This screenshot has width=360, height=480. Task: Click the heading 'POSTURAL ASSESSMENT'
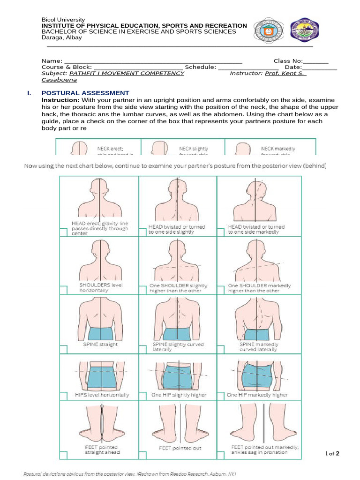(85, 93)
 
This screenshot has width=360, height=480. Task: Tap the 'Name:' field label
(52, 61)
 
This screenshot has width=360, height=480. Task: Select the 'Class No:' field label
(288, 61)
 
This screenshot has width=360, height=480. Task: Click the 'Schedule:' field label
(200, 67)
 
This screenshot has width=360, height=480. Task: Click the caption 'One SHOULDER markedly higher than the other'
(259, 288)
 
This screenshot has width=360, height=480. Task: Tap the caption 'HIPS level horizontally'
(102, 395)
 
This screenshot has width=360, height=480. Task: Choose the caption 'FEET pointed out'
(180, 448)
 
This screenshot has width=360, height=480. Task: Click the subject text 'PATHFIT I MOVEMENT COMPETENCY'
(127, 73)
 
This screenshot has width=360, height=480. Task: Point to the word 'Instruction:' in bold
(60, 100)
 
